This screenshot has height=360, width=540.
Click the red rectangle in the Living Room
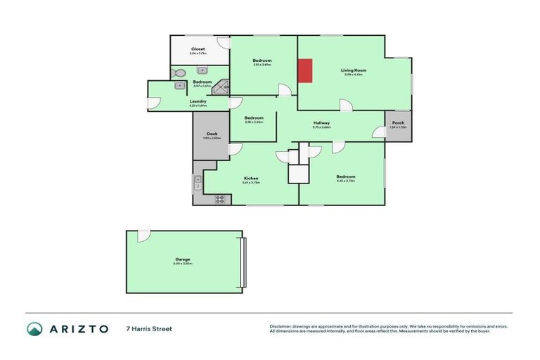click(305, 70)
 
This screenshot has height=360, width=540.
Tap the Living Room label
click(353, 70)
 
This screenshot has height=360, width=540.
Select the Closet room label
click(198, 49)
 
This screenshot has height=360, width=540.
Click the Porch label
click(398, 123)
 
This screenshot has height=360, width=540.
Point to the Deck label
click(212, 134)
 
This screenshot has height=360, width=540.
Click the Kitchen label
click(251, 178)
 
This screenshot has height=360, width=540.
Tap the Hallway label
click(321, 123)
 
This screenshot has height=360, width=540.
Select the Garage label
click(183, 259)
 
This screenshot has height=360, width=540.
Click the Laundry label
click(198, 101)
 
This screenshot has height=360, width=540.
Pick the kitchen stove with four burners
click(219, 198)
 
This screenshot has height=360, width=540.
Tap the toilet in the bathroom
click(179, 72)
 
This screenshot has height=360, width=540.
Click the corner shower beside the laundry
click(222, 86)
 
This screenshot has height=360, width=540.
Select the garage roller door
click(244, 262)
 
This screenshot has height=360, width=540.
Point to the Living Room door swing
click(346, 105)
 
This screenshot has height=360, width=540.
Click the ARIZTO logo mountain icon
click(34, 328)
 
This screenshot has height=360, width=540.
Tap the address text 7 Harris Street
click(149, 328)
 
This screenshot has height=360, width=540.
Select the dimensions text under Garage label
click(183, 264)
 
